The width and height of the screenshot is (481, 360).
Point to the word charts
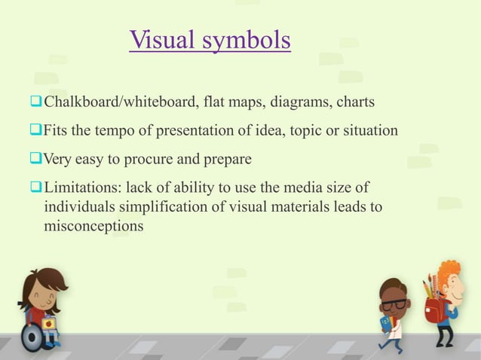pyautogui.click(x=354, y=102)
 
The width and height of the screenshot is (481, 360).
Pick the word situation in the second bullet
pyautogui.click(x=367, y=130)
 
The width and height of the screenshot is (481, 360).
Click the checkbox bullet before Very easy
pyautogui.click(x=36, y=159)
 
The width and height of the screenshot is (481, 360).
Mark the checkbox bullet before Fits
pyautogui.click(x=36, y=130)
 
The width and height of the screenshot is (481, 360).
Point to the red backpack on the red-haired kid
pyautogui.click(x=433, y=308)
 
